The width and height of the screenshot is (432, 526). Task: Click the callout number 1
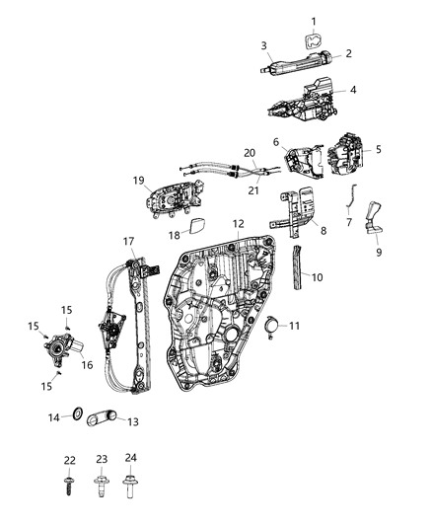click(x=315, y=22)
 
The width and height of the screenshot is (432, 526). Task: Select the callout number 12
click(x=238, y=225)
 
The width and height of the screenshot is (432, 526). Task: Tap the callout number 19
click(x=139, y=180)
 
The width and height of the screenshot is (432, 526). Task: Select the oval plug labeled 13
click(x=102, y=418)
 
